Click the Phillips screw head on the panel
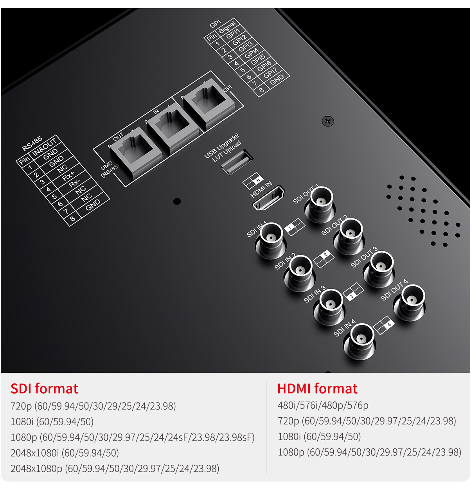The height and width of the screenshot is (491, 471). (328, 121)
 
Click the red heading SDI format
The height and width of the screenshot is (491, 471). (44, 389)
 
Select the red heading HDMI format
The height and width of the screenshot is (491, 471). (317, 389)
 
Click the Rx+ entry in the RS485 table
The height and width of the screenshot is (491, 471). (68, 176)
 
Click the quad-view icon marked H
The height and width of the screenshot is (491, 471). (253, 180)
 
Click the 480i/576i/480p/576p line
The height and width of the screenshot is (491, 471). (323, 405)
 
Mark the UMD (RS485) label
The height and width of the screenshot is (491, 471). (109, 169)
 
